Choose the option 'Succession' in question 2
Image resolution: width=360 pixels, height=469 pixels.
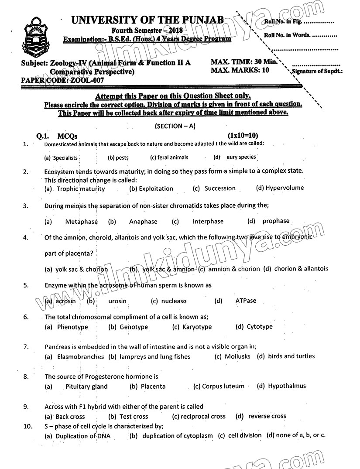(220, 188)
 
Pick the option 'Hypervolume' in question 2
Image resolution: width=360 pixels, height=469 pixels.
(285, 188)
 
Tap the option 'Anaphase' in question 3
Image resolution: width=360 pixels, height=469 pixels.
(143, 222)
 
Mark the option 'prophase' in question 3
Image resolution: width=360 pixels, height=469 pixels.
(276, 221)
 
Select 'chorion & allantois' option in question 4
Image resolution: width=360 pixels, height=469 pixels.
(301, 269)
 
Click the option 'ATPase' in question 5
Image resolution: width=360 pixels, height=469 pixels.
(246, 301)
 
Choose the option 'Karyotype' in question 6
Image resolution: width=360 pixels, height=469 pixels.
(197, 327)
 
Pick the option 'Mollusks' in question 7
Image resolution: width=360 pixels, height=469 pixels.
(237, 356)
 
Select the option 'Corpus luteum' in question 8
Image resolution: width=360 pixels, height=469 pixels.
(223, 386)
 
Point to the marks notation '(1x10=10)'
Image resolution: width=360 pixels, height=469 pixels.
(243, 136)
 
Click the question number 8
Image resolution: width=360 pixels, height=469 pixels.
(26, 377)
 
